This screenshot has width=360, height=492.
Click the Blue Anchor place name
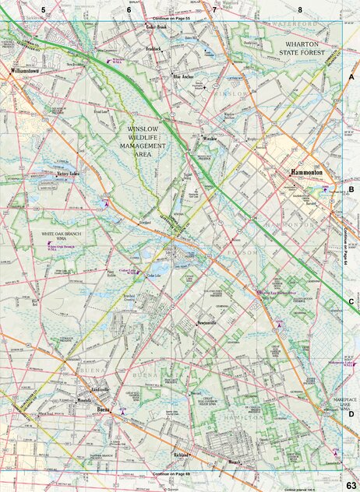tap(184, 76)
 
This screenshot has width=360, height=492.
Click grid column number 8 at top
tap(299, 9)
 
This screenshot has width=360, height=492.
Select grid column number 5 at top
tap(44, 9)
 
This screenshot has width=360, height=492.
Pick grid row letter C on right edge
tap(351, 301)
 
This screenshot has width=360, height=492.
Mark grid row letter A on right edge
tap(351, 79)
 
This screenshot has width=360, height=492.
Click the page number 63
tap(351, 486)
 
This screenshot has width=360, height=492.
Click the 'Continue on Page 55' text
tap(172, 17)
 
